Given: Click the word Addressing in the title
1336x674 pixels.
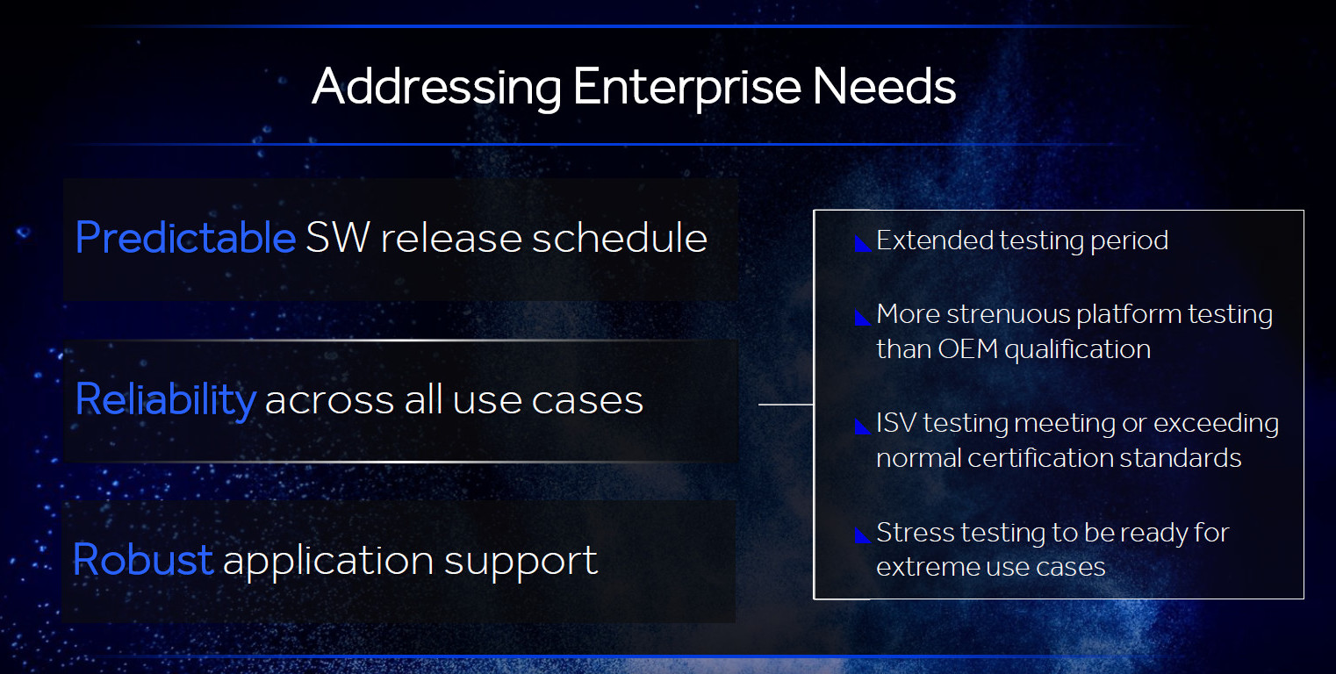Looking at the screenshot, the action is (x=436, y=88).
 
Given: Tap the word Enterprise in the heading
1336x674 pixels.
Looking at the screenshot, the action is (x=686, y=88).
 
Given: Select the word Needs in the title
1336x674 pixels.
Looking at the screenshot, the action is (x=884, y=87).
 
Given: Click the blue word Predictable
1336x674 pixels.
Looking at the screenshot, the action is (x=185, y=237).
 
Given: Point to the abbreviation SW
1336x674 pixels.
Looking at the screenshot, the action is (x=338, y=237).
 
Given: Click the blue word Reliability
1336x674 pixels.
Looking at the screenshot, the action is (x=166, y=399).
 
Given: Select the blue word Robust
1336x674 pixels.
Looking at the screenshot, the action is (x=143, y=560).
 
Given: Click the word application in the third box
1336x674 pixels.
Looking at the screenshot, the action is (x=328, y=562).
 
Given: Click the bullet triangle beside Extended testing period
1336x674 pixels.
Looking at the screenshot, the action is (x=862, y=243).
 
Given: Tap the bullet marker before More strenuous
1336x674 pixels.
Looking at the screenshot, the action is (x=862, y=317).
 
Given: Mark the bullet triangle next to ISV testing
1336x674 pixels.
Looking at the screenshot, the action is (x=862, y=426).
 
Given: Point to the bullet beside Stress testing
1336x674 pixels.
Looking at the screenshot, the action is (x=862, y=535).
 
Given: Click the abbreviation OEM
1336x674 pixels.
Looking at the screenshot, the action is (x=967, y=349).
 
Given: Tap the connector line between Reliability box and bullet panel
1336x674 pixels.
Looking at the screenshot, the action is (x=786, y=405).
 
